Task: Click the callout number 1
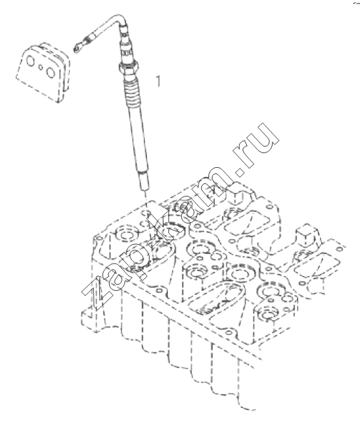[158, 81]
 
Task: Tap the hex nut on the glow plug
[129, 66]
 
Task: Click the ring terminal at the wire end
[77, 48]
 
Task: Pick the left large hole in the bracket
[30, 61]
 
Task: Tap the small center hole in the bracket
[41, 67]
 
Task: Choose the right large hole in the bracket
[50, 72]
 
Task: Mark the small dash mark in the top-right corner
[357, 3]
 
